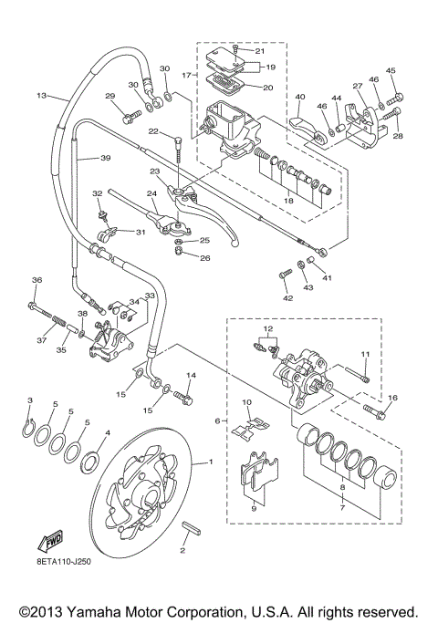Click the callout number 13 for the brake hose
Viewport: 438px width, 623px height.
pyautogui.click(x=40, y=95)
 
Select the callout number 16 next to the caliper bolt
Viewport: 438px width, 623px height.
pyautogui.click(x=392, y=398)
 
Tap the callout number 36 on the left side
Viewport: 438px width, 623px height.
pyautogui.click(x=36, y=280)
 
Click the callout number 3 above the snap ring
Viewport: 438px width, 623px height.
pyautogui.click(x=29, y=401)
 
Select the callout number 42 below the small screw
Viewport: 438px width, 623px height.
pyautogui.click(x=288, y=298)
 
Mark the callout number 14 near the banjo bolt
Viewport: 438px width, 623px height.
pyautogui.click(x=192, y=376)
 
